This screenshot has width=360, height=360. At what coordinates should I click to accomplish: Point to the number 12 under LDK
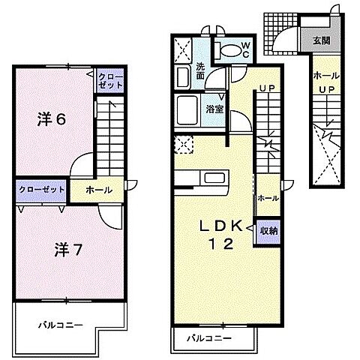click(220, 243)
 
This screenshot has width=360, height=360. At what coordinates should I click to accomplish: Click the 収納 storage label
click(268, 230)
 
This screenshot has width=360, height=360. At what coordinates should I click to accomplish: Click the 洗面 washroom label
click(201, 72)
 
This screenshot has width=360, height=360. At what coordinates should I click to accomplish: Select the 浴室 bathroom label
click(214, 109)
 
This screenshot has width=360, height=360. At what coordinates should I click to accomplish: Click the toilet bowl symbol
click(229, 51)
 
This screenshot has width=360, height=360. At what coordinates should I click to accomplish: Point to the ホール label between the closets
click(99, 191)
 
